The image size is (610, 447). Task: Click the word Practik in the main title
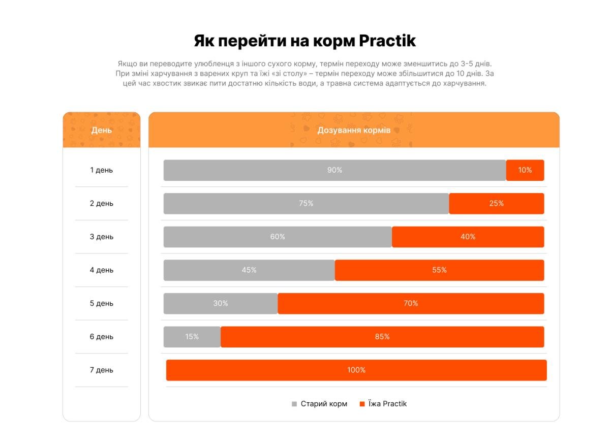(x=387, y=41)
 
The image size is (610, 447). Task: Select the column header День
(x=102, y=131)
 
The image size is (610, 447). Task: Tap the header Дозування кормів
(x=354, y=130)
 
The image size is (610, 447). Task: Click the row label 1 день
(x=102, y=170)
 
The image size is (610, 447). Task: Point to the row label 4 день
(x=102, y=270)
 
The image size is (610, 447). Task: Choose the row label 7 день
(x=102, y=370)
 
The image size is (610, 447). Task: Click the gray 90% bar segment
(x=334, y=170)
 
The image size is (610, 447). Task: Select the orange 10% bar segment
(x=525, y=170)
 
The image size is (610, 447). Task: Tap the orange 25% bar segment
(x=496, y=204)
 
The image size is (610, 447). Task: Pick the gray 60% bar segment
(x=278, y=237)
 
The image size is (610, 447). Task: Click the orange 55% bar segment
(x=439, y=270)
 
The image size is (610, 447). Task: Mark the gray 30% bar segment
(x=221, y=303)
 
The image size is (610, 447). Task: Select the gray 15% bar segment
(x=192, y=337)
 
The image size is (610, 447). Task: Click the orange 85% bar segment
(x=382, y=337)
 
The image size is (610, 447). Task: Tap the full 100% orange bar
(x=356, y=370)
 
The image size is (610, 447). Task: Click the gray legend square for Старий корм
(x=294, y=404)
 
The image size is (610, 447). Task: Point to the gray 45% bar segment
(x=249, y=270)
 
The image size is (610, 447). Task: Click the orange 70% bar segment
(x=411, y=303)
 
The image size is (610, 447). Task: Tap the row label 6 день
(x=102, y=337)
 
